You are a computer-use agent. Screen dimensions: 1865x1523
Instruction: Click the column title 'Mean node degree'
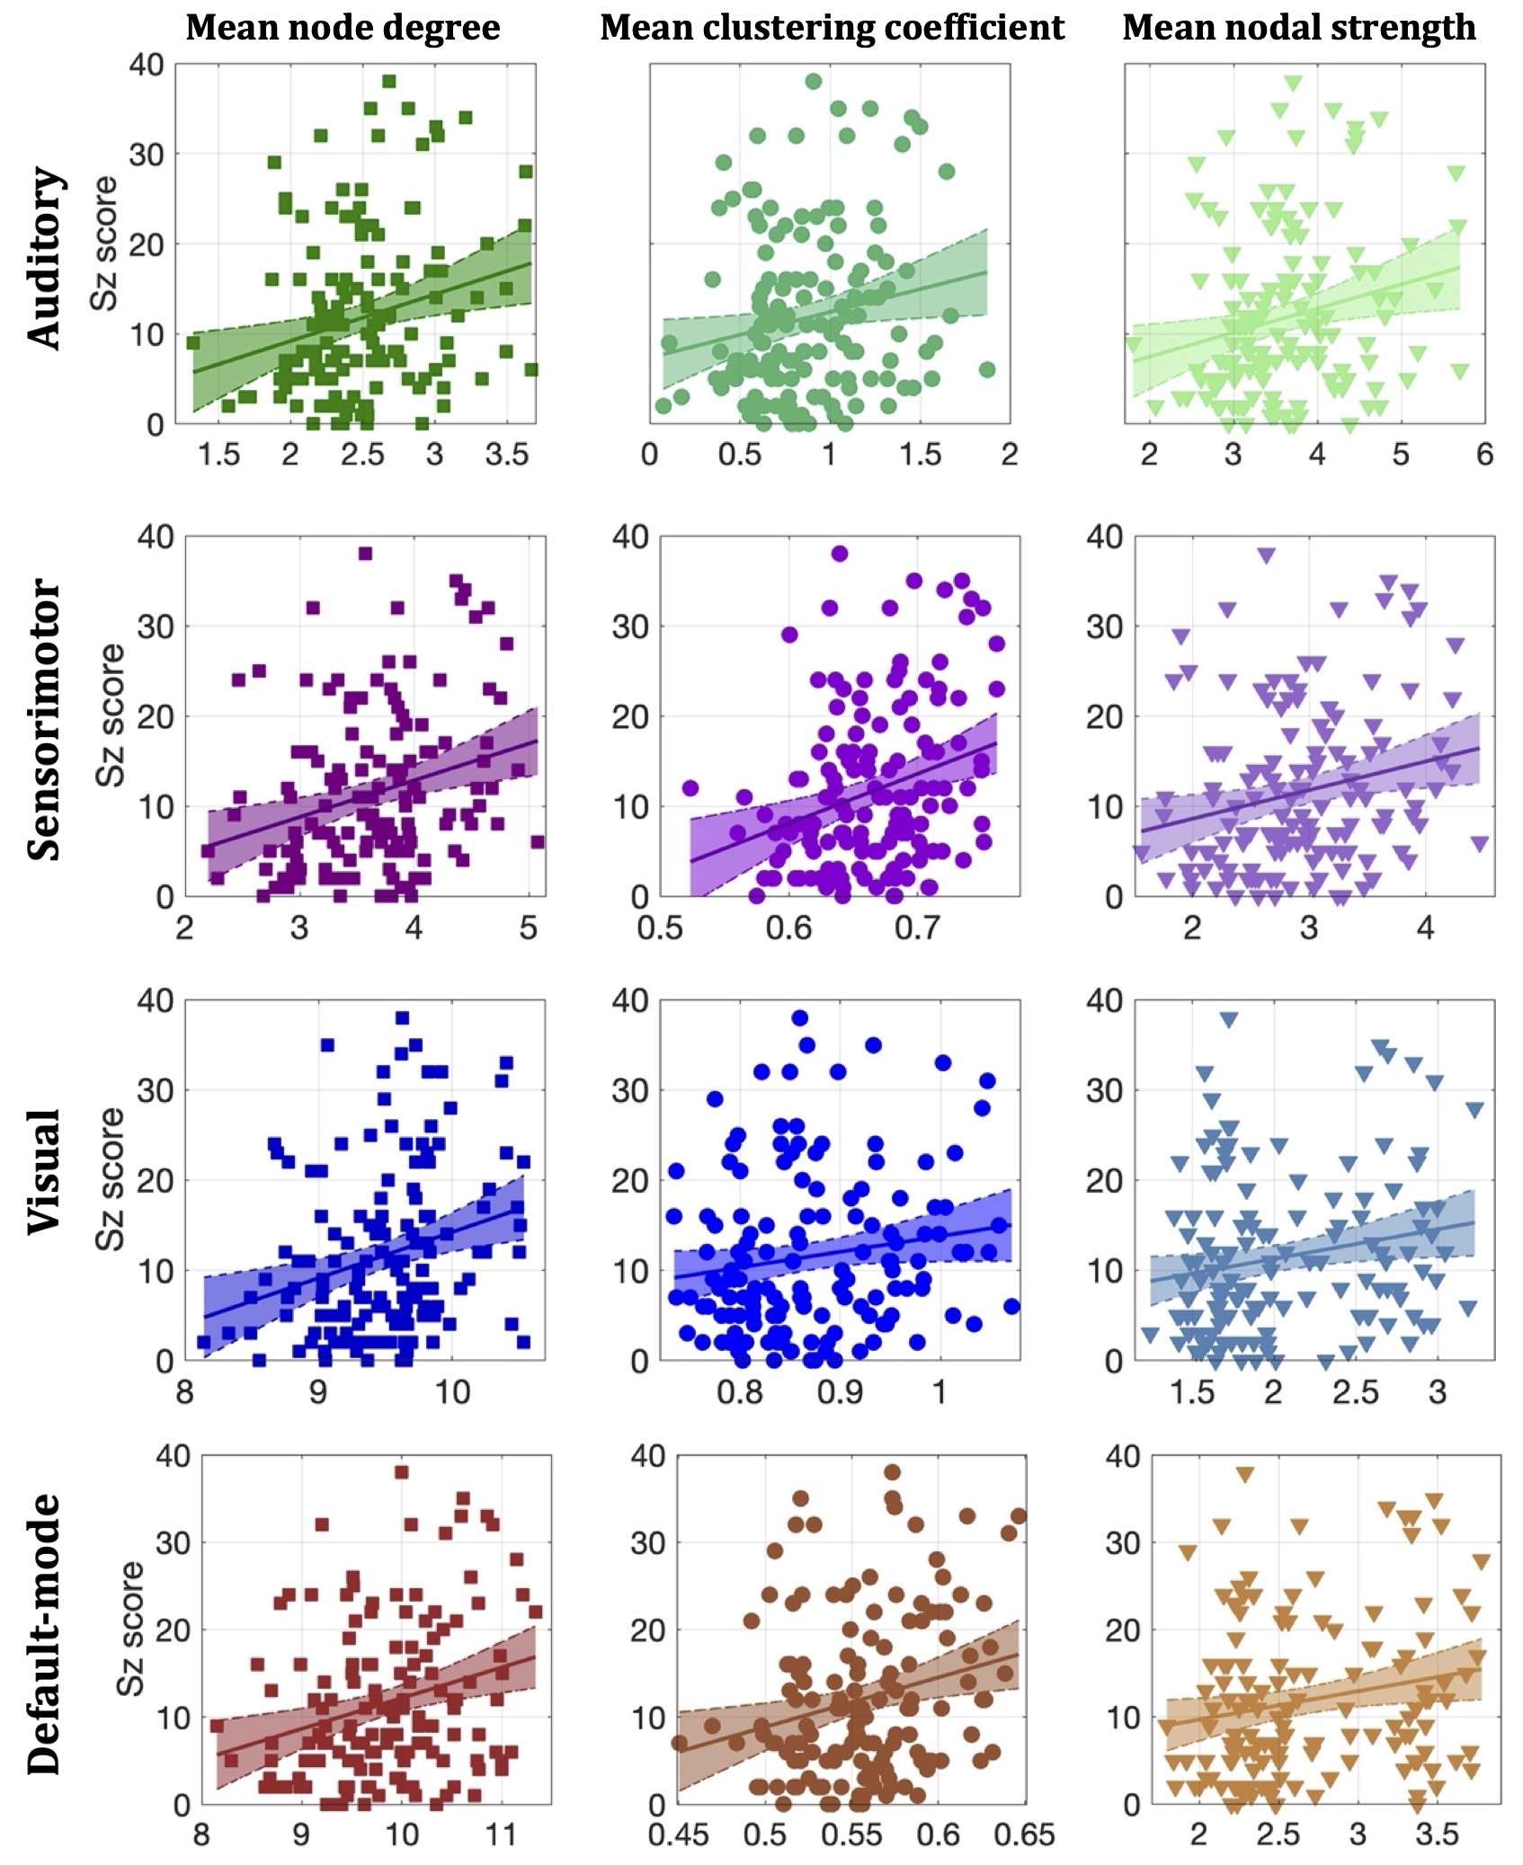coord(343,28)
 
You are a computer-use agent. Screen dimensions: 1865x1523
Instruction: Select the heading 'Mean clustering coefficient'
coord(832,28)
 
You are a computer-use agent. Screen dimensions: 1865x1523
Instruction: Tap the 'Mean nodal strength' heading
coord(1298,28)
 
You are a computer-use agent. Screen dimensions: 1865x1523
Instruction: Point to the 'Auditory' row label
coord(45,258)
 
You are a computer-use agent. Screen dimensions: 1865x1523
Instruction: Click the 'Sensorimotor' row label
coord(45,719)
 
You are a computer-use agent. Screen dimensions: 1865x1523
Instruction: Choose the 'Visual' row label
coord(45,1171)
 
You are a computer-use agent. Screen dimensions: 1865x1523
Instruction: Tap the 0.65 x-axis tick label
coord(1025,1834)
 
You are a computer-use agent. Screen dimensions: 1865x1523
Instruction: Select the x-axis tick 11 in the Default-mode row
coord(501,1834)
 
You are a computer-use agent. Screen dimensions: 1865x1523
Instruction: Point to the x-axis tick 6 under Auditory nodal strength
coord(1484,455)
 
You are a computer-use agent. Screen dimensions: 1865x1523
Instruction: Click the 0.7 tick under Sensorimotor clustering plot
coord(917,927)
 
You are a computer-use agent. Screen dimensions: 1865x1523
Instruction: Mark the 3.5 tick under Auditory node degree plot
coord(507,455)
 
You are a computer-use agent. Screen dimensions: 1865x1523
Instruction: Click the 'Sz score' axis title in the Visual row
coord(111,1179)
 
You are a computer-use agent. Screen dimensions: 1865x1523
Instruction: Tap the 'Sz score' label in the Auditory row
coord(104,244)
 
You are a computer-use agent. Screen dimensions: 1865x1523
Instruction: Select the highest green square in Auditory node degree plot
coord(389,82)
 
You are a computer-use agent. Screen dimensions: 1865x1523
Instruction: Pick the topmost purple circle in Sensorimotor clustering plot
coord(840,554)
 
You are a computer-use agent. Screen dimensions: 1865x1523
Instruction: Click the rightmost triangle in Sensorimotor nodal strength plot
coord(1480,843)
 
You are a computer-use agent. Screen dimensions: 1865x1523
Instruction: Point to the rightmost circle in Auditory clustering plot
coord(986,369)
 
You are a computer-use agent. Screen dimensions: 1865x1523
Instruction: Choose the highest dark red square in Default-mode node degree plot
coord(401,1472)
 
